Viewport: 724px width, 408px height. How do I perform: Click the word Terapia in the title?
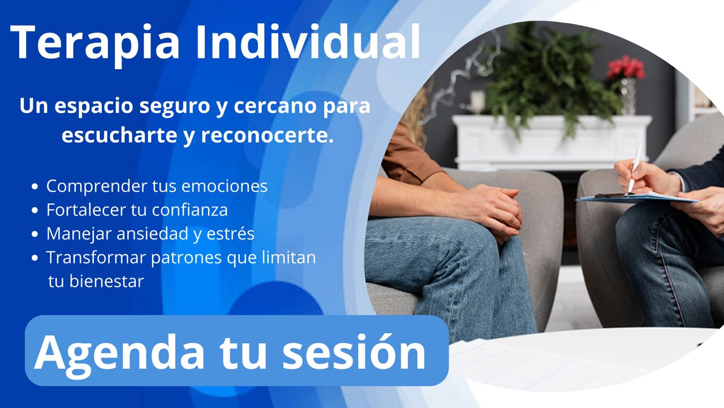(x=95, y=44)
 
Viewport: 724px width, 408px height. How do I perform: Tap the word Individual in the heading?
(x=308, y=42)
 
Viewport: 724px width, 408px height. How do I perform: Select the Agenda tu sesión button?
(x=236, y=350)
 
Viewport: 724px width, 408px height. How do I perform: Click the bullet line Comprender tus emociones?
(x=157, y=186)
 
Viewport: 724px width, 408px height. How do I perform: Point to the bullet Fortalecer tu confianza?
(x=137, y=210)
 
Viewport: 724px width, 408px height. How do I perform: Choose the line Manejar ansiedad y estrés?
(x=150, y=234)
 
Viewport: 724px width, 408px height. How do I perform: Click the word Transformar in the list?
(x=96, y=257)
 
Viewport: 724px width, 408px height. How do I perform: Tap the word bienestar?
(x=106, y=281)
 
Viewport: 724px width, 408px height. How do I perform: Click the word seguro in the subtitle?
(x=175, y=107)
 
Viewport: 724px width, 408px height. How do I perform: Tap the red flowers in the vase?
(x=626, y=67)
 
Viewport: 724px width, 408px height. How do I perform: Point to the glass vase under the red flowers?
(x=628, y=96)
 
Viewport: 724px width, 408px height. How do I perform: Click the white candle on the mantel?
(x=477, y=101)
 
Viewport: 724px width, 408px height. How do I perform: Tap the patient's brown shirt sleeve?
(x=409, y=155)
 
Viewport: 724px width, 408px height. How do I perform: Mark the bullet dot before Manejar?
(x=35, y=234)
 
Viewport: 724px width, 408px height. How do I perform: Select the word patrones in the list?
(x=186, y=258)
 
